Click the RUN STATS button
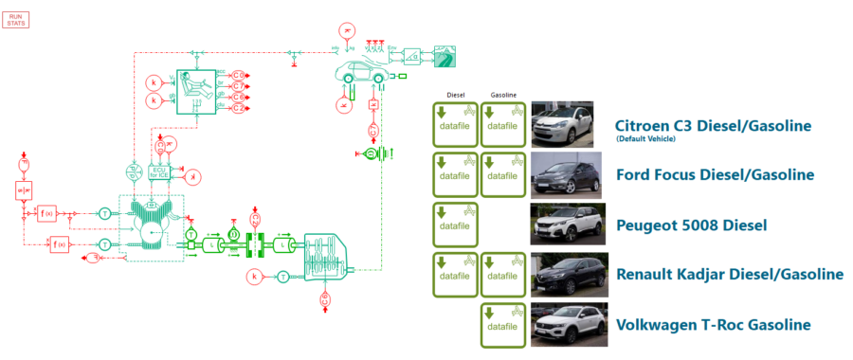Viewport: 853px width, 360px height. pos(16,20)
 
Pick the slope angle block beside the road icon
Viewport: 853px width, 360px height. pos(413,55)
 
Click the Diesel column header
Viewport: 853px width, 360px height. pos(455,96)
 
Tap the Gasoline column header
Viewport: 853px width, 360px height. pos(503,96)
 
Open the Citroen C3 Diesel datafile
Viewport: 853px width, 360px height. pos(455,124)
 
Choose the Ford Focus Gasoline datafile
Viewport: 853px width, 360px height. pos(503,173)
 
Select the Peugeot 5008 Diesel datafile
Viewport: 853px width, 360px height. pos(455,224)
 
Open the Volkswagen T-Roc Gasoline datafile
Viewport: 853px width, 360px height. pos(503,323)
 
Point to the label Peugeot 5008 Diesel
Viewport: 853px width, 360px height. pos(691,225)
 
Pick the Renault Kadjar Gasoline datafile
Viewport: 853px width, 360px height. pos(503,274)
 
